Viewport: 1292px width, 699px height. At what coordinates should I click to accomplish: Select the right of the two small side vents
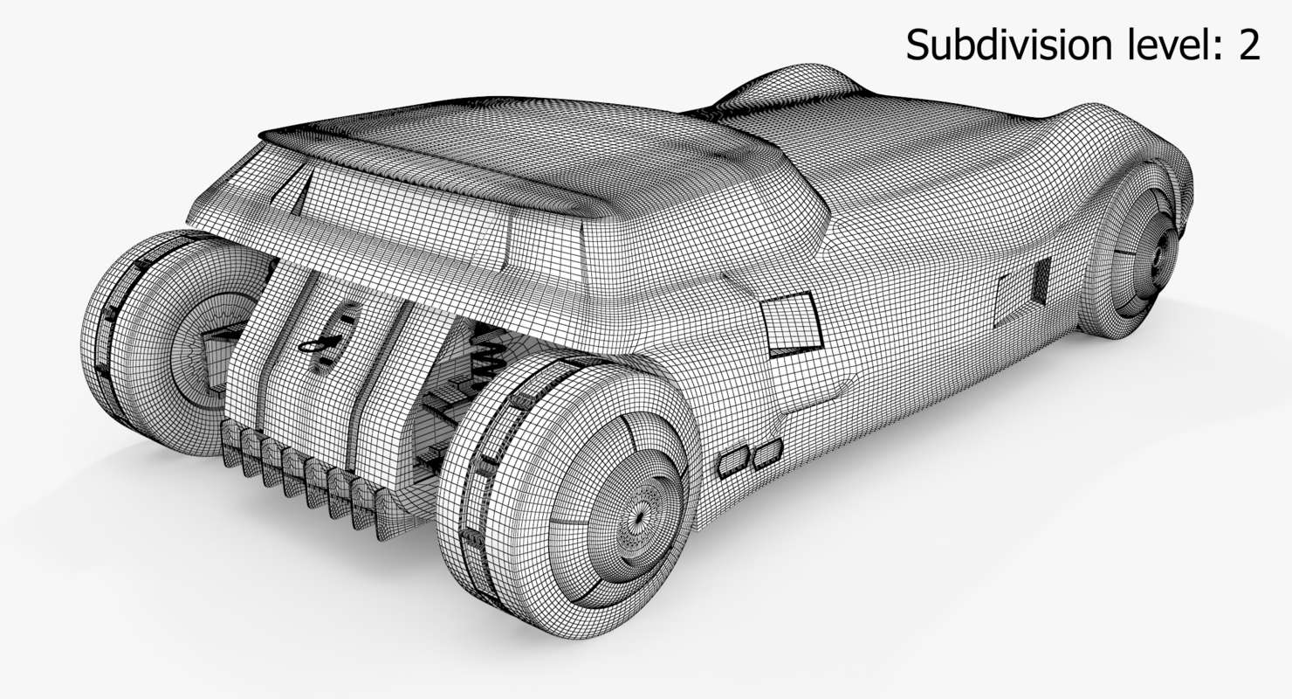tap(767, 452)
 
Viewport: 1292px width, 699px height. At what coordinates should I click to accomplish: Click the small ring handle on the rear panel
tap(313, 348)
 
